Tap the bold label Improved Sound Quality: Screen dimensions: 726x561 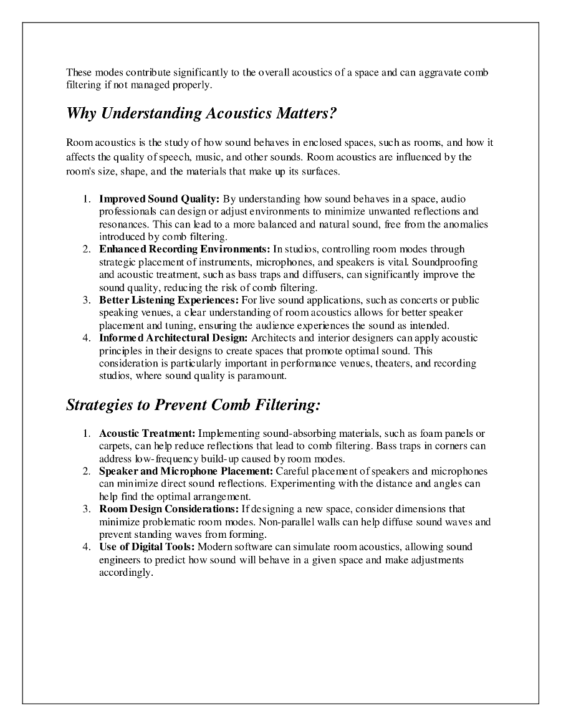click(159, 199)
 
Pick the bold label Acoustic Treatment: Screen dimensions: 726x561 click(148, 434)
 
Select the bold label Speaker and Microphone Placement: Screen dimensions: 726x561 click(186, 472)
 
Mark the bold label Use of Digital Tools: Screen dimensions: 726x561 click(147, 547)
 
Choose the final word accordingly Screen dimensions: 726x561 click(125, 573)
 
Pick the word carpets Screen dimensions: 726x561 click(114, 446)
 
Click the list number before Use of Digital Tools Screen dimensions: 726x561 click(87, 547)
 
